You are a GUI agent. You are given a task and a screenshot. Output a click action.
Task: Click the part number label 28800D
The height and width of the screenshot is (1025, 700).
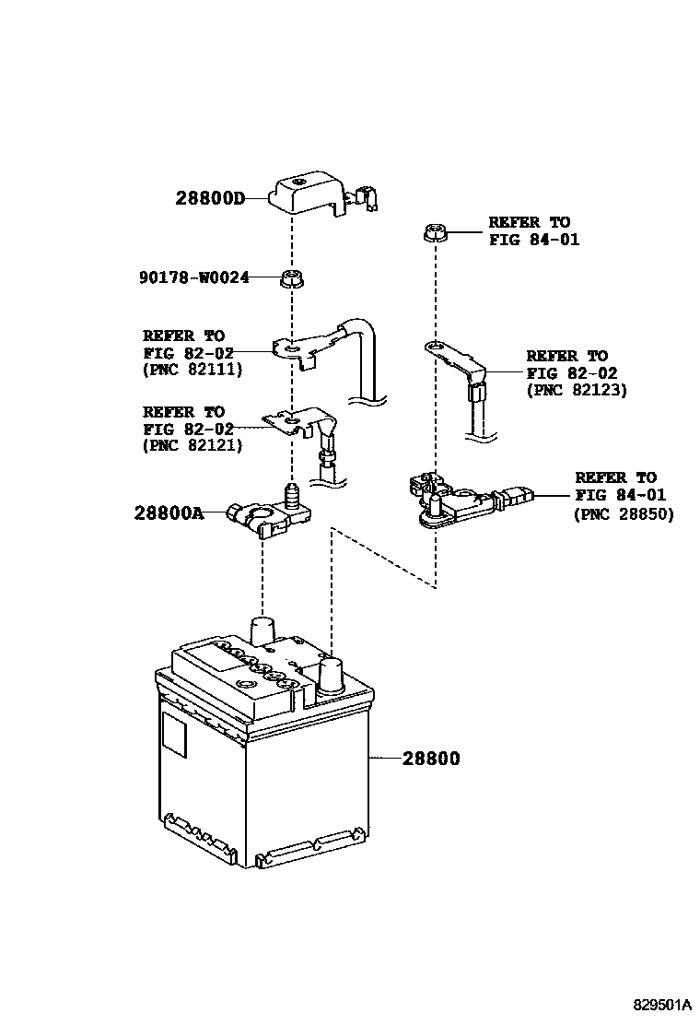(210, 197)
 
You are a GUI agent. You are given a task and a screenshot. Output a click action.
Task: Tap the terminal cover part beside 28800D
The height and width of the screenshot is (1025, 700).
(309, 193)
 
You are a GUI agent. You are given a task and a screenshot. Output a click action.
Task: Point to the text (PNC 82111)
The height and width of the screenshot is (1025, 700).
(192, 370)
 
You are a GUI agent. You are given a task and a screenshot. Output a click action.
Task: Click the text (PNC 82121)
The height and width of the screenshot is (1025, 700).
(192, 445)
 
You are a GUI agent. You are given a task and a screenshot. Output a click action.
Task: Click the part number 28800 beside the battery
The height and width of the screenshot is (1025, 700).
(430, 759)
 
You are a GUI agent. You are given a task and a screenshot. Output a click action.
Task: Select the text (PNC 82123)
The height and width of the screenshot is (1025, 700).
(577, 390)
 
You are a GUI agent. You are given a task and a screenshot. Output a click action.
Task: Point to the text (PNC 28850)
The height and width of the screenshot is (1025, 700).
(624, 513)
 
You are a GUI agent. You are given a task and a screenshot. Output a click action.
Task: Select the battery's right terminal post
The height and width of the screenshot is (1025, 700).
(330, 675)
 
